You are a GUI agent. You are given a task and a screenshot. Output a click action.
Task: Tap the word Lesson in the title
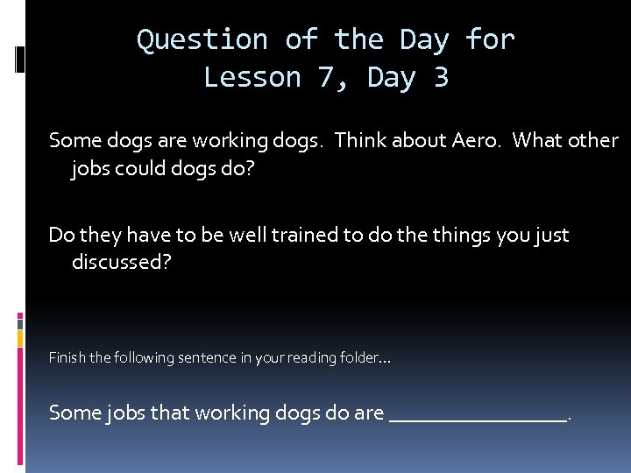[x=251, y=78]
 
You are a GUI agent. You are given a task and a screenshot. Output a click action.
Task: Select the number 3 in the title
[x=440, y=78]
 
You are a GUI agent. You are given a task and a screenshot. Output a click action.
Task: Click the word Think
[x=361, y=140]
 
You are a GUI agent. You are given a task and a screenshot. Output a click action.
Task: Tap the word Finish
[x=67, y=357]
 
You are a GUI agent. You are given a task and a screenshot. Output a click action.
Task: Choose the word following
[x=139, y=357]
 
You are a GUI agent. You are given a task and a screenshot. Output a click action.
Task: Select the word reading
[x=302, y=357]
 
